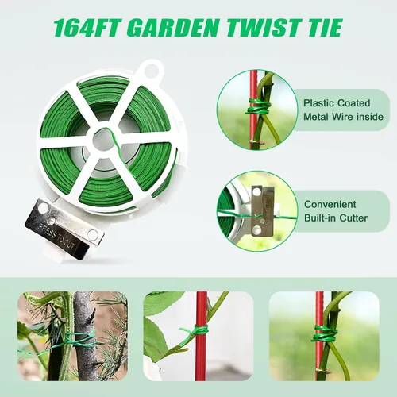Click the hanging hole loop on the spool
[x=152, y=69]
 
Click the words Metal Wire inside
[x=343, y=117]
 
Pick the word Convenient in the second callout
[x=330, y=204]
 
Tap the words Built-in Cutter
[x=336, y=218]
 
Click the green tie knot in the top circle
[x=258, y=108]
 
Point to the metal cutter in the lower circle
[x=262, y=210]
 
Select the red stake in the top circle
[x=252, y=110]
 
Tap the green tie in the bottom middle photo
[x=197, y=331]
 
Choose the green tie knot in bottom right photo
[x=325, y=334]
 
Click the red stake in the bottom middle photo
[x=201, y=336]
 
